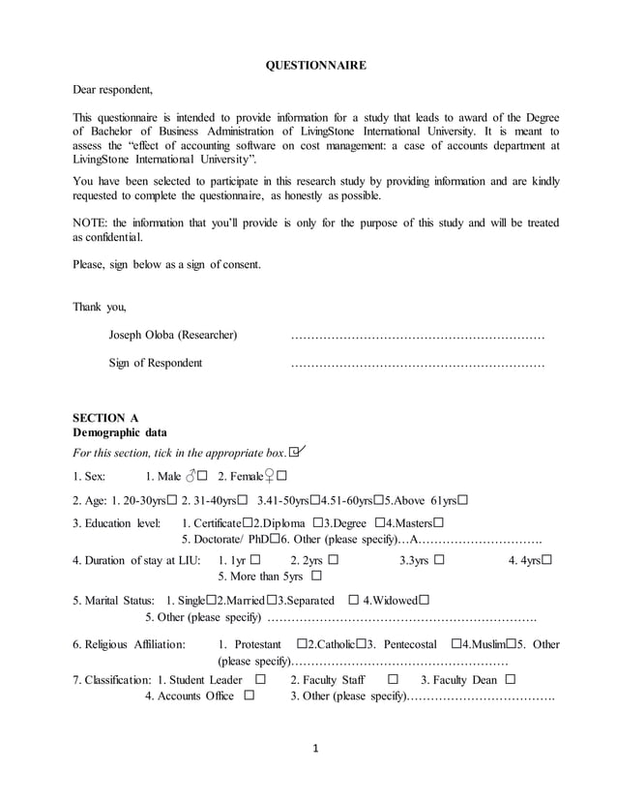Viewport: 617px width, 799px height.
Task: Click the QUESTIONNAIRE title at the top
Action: click(x=315, y=66)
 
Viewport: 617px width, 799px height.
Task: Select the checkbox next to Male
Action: click(x=203, y=476)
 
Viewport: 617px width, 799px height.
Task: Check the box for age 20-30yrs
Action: click(x=171, y=500)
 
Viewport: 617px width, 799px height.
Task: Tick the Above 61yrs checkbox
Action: click(x=463, y=500)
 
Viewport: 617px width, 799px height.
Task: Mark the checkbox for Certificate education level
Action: click(x=248, y=523)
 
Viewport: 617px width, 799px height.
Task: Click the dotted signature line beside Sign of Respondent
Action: click(x=417, y=365)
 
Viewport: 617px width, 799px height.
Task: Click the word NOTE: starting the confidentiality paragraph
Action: click(x=92, y=222)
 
